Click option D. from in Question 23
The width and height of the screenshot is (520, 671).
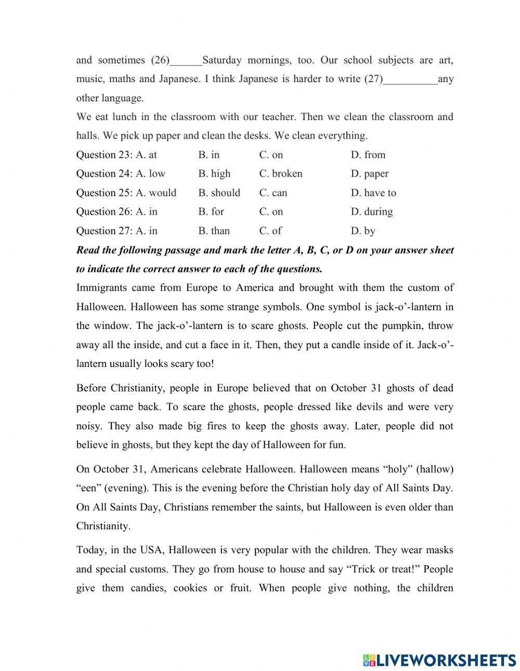368,154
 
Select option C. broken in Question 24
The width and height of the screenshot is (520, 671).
281,174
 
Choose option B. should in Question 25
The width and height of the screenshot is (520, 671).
219,193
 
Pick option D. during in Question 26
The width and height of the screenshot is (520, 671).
372,212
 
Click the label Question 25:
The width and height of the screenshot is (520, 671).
105,193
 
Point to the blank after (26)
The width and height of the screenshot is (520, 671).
186,61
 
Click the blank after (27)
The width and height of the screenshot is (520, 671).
410,80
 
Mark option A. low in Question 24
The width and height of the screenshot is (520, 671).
151,174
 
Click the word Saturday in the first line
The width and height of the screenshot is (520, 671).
222,60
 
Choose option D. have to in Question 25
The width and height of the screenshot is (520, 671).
373,193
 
